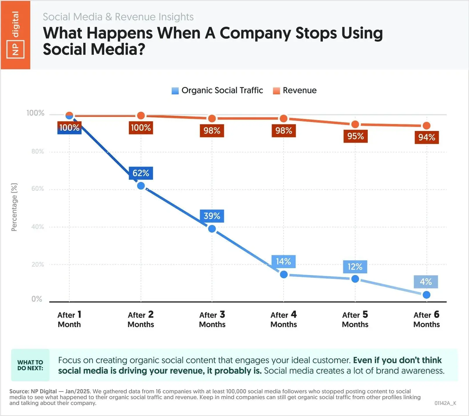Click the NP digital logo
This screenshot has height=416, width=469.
pos(15,35)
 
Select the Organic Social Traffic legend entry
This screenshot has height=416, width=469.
pos(217,91)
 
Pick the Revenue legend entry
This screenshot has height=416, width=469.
pos(295,91)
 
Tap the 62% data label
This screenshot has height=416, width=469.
pos(141,173)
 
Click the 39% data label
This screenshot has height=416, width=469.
pos(212,216)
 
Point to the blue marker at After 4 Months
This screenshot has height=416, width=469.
pos(284,275)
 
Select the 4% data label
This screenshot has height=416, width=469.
pos(426,282)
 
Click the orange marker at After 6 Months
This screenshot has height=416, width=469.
pos(426,126)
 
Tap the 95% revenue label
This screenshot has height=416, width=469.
pos(355,136)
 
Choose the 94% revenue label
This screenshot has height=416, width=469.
pos(427,137)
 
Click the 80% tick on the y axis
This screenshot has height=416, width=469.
pos(38,151)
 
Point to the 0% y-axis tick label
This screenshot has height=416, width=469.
pos(37,299)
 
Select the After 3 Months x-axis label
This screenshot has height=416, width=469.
pos(212,319)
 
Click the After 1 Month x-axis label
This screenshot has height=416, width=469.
pos(69,319)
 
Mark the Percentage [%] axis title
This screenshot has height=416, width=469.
pos(14,207)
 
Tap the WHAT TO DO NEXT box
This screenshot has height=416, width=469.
pos(30,365)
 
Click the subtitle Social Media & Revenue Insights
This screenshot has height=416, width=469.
pos(118,17)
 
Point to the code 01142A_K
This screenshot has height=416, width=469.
pos(445,403)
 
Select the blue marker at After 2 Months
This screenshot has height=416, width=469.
pos(141,186)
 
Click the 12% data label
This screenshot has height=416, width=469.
pos(355,267)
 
